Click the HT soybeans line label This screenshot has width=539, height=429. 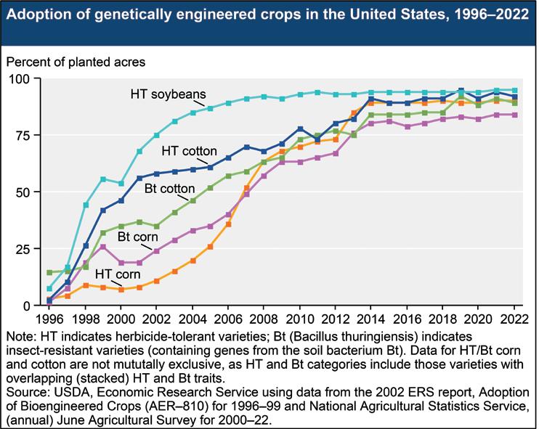click(x=169, y=94)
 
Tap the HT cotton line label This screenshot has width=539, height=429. click(x=189, y=151)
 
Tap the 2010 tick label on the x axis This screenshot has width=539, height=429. click(x=299, y=318)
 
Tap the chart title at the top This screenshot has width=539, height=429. click(x=269, y=17)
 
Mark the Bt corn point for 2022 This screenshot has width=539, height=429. click(x=514, y=115)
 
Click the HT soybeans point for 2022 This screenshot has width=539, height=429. click(x=514, y=90)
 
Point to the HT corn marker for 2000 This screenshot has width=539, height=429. click(x=121, y=289)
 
